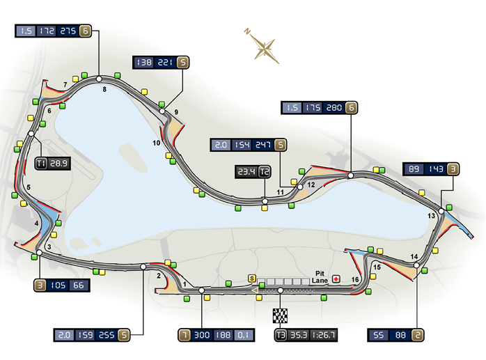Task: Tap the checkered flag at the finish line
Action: pos(280,315)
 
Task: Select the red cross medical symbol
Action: pos(336,279)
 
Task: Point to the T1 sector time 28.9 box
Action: pos(49,164)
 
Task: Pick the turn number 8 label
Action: pos(104,89)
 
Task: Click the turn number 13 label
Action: pos(431,217)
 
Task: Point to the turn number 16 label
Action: pos(355,280)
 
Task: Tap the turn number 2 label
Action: pos(159,276)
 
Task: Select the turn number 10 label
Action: pos(157,143)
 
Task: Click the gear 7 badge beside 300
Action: pos(185,334)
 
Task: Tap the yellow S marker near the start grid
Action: pos(252,279)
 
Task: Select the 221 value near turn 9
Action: pos(164,63)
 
